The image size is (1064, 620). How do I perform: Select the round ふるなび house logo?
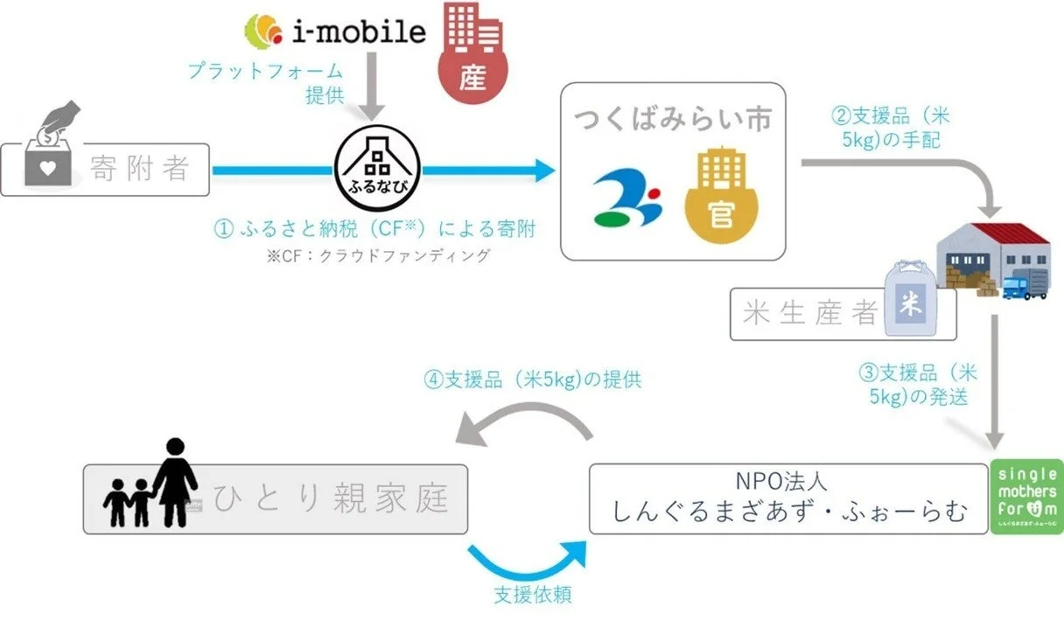[x=377, y=164]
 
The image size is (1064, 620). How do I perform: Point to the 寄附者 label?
[x=140, y=169]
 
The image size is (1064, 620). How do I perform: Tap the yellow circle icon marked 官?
[x=721, y=198]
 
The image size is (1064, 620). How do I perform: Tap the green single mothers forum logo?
[x=1030, y=497]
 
